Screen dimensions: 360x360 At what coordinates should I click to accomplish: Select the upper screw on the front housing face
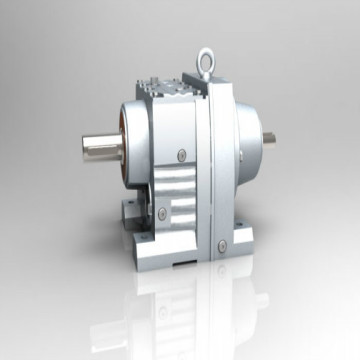[181, 153]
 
